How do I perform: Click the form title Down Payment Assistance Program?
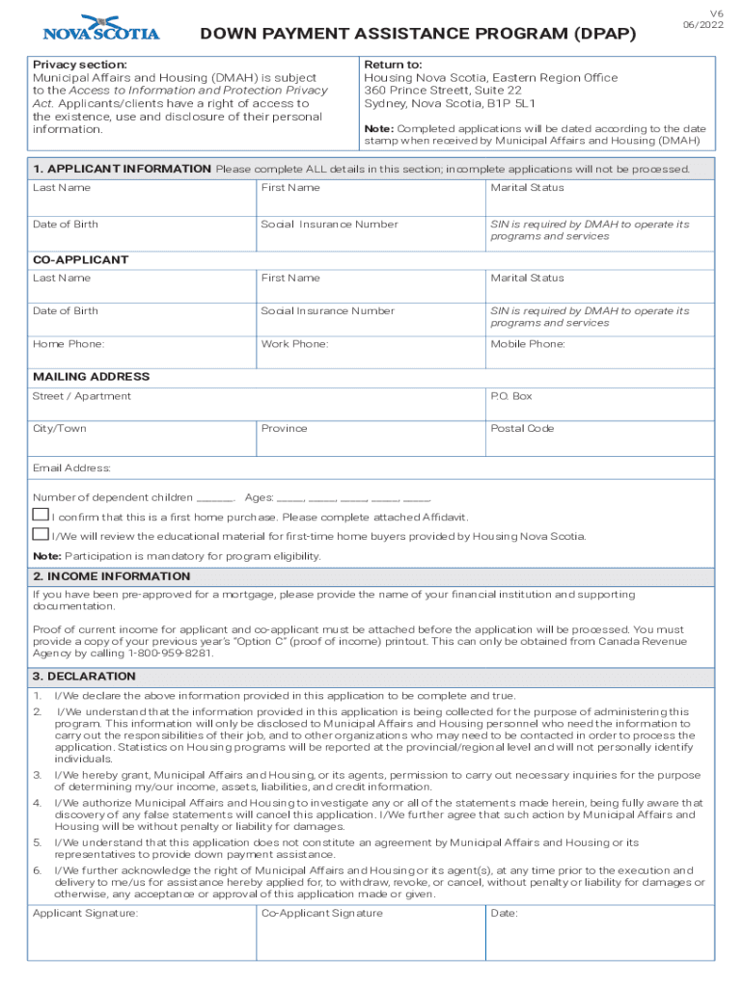pos(418,35)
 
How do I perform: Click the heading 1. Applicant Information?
pos(122,169)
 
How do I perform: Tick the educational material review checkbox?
pos(41,534)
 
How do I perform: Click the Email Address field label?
pos(71,468)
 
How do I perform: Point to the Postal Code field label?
pos(522,428)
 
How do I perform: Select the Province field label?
pos(284,428)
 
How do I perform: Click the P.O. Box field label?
pos(510,396)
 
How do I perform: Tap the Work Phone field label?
pos(294,344)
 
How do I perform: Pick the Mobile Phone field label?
pos(527,344)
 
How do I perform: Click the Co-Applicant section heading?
pos(80,260)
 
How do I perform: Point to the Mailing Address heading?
pos(91,377)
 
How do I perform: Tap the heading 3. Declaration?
pos(84,677)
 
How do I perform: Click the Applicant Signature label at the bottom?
pos(85,913)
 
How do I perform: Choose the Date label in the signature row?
pos(504,913)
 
